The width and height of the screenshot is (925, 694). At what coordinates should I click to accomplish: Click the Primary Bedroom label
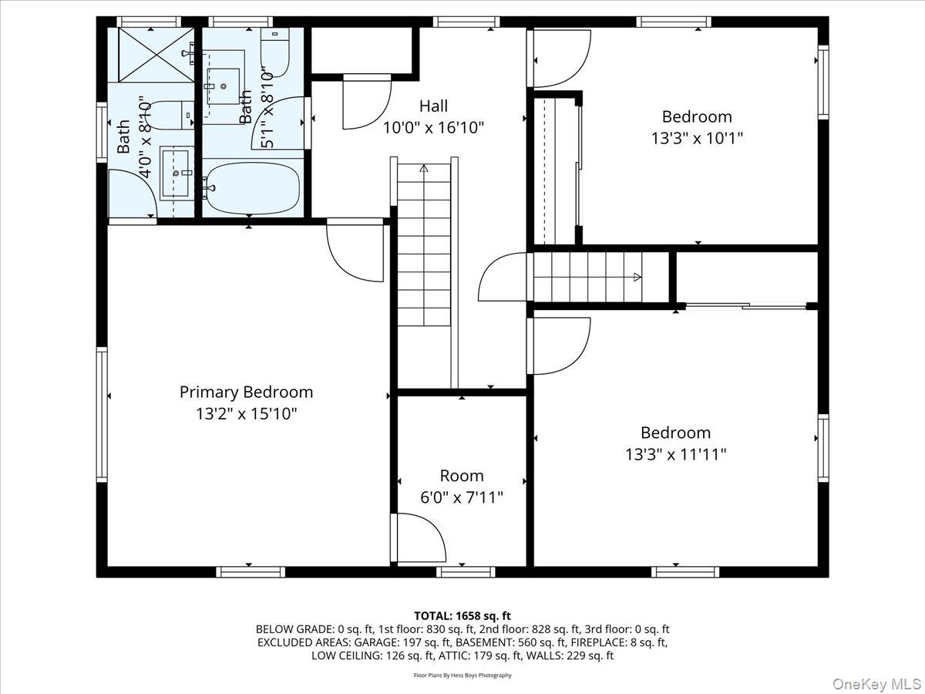tap(246, 392)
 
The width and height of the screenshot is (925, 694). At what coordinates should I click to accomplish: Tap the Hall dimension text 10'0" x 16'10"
tap(433, 128)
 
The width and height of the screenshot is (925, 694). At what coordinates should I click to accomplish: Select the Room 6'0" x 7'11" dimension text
tap(462, 497)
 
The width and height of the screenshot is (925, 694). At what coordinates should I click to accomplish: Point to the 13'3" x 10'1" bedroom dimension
tap(697, 139)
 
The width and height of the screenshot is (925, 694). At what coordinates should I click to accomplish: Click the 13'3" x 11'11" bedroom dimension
tap(675, 455)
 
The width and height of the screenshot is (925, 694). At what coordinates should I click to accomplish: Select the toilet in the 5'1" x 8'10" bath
tap(275, 53)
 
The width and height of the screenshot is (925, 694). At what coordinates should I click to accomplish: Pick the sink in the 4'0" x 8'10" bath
tap(176, 173)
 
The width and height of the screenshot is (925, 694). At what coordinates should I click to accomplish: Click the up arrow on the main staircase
tap(423, 167)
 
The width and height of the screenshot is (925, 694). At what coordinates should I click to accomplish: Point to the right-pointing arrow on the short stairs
tap(637, 277)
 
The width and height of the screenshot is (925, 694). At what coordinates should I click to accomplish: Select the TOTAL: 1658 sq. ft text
tap(462, 615)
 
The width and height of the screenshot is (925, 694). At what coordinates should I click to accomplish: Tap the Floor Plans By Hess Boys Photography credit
tap(462, 675)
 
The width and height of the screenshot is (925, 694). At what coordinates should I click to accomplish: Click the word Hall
tap(433, 106)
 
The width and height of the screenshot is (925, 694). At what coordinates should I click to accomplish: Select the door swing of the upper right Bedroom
tap(561, 59)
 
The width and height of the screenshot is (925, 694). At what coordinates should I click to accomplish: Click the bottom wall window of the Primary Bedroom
tap(250, 571)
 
